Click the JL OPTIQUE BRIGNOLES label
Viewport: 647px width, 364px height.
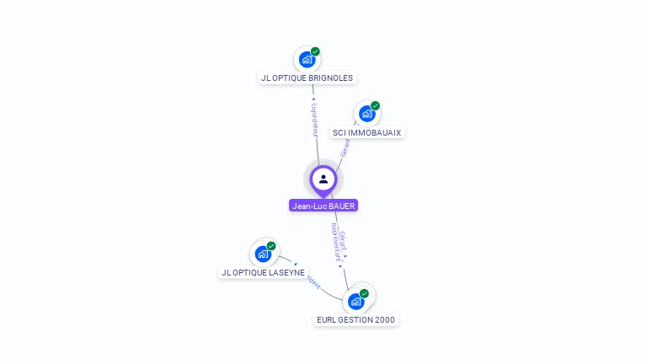(307, 78)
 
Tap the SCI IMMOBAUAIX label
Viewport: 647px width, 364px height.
(366, 133)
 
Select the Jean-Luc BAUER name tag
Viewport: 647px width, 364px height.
(323, 206)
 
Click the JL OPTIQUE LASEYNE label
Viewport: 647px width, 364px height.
(263, 273)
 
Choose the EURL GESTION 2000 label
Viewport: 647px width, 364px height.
(356, 320)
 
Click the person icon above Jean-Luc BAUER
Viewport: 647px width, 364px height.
(323, 179)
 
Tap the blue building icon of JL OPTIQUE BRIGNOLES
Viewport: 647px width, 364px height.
(307, 60)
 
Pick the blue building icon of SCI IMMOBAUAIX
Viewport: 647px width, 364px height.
(366, 114)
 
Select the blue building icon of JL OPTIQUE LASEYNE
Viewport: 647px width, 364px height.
(263, 254)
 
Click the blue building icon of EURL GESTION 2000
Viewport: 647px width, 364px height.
(356, 301)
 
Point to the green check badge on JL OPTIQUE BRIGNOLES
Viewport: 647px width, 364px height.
(315, 51)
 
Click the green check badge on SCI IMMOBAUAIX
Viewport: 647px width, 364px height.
(375, 106)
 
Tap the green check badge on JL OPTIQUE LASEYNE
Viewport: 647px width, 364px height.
(271, 246)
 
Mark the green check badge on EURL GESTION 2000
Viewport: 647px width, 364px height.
(364, 293)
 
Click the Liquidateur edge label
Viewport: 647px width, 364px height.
(313, 119)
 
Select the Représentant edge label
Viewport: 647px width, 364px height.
(335, 244)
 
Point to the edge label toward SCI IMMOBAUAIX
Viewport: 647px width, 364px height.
(344, 148)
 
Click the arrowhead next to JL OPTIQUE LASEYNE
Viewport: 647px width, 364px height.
(296, 265)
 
